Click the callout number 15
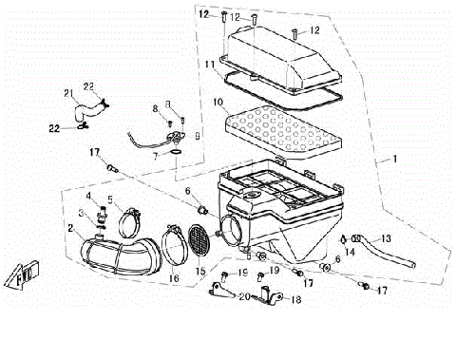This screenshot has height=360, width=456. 201,272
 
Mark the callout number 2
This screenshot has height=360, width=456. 70,229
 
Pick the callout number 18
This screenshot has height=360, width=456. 295,299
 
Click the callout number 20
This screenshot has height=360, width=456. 243,297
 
